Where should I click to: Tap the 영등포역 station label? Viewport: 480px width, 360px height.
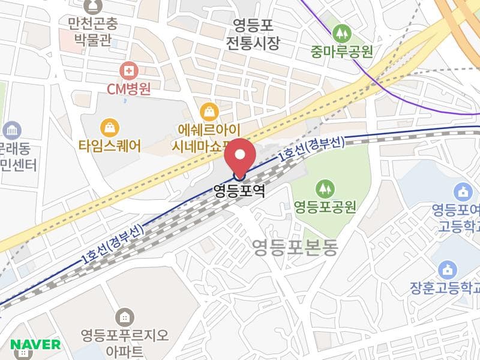coord(239,191)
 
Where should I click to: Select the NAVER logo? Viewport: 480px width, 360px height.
coord(35,344)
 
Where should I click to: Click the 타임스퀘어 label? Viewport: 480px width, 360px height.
coord(110,145)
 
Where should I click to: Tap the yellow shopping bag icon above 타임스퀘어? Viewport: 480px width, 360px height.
coord(110,127)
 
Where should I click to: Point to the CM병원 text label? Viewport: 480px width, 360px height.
coord(128,89)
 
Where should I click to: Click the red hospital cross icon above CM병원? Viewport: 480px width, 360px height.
coord(128,71)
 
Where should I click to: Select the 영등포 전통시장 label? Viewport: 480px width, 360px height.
coord(253,34)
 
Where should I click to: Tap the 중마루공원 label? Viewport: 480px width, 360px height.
coord(341,51)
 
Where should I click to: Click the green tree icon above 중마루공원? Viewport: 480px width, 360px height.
coord(341,31)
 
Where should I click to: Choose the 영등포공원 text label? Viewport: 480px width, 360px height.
coord(325,208)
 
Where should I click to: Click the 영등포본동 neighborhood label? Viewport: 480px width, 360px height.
coord(295,245)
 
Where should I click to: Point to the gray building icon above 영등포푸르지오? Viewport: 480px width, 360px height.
coord(124,316)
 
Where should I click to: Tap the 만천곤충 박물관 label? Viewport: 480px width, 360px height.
coord(94,34)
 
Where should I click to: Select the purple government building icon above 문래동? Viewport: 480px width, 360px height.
coord(11,130)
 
